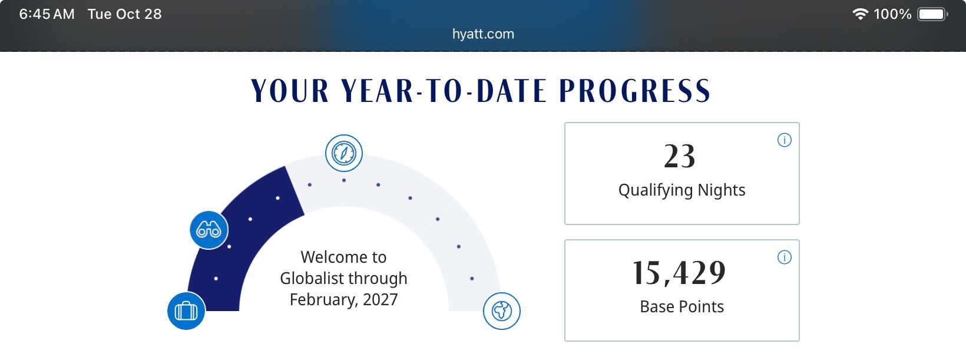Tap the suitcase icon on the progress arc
pos(186,311)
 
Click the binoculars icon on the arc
pos(209,230)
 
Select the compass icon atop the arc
pos(344,153)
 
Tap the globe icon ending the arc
pos(501,311)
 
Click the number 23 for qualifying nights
pos(680,156)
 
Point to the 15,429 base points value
pos(679,273)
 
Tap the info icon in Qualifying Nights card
pos(785,140)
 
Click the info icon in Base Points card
pos(785,257)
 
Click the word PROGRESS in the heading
pos(635,91)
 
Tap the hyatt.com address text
pos(483,34)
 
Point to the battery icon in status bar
pos(932,14)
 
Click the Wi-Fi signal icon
pos(860,14)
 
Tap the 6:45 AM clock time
pos(47,14)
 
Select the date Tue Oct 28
pos(125,14)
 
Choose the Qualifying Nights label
pos(682,190)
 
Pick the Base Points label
pos(682,306)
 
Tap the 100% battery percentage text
pos(892,14)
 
